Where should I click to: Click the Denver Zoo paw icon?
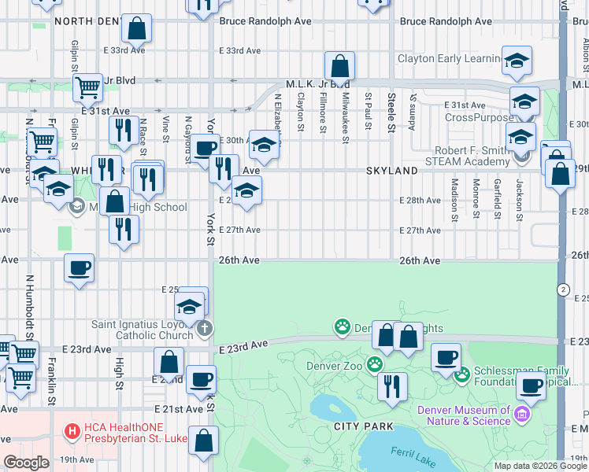click(374, 365)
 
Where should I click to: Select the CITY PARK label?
click(362, 426)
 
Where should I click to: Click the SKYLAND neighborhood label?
click(391, 171)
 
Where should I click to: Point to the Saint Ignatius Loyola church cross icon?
click(205, 327)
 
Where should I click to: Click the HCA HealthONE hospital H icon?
click(72, 431)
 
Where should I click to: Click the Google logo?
click(26, 463)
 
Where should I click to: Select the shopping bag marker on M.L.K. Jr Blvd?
click(339, 66)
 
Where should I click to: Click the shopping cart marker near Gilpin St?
click(88, 87)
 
